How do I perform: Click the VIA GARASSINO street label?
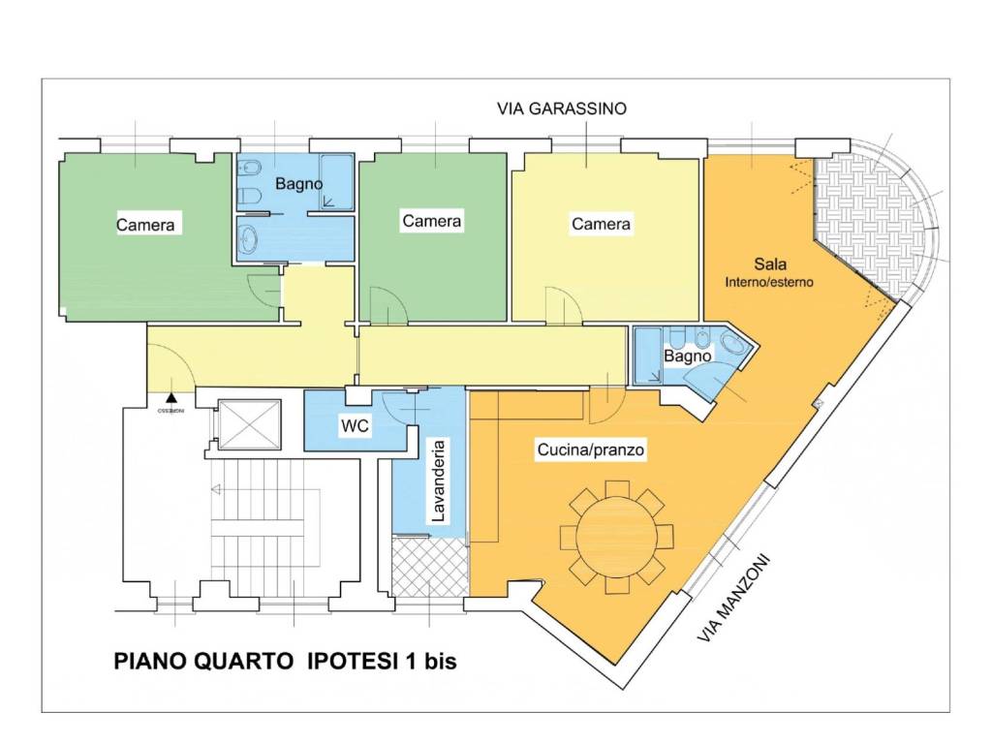point(562,108)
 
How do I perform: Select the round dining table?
point(616,537)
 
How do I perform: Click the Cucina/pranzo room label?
point(591,450)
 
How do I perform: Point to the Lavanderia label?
point(438,481)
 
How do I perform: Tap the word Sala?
point(770,263)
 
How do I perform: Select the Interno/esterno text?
point(770,283)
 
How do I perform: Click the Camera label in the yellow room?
point(601,224)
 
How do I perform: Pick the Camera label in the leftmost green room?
point(145,225)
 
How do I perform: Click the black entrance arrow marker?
point(171,396)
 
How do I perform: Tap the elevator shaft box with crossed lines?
point(248,424)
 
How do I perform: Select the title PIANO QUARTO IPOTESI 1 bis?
point(286,662)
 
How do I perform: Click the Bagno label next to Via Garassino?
point(298,183)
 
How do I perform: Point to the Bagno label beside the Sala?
point(687,356)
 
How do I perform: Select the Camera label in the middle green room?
point(431,221)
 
